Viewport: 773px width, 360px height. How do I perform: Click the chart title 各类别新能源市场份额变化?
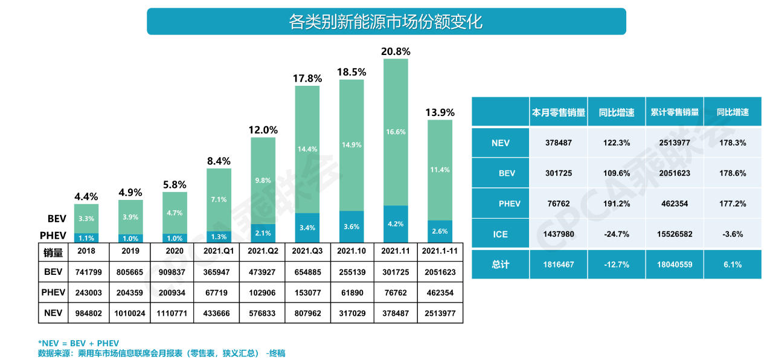(386, 22)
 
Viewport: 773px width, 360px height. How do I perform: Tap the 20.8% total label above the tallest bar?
(396, 52)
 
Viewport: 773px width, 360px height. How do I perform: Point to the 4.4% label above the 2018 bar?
(86, 197)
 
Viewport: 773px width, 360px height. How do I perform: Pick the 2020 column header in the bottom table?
(175, 251)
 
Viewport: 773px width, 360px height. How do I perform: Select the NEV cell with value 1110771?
(175, 313)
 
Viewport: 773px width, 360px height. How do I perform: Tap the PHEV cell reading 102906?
(263, 293)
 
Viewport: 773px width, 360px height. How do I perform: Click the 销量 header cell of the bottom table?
(53, 252)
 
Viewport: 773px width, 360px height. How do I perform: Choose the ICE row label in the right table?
(500, 234)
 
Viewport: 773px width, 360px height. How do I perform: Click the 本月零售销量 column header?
(558, 112)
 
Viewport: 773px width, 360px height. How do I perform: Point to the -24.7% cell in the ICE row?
(616, 234)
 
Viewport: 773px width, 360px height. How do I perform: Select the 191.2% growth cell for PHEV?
(616, 204)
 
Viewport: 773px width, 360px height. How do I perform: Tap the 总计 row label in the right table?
(500, 264)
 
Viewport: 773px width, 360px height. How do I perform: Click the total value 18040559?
(674, 264)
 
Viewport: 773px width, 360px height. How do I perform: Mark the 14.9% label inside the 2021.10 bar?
(351, 145)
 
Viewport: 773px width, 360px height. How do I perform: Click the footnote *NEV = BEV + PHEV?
(79, 343)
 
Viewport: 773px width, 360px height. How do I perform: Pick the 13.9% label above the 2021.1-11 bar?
(440, 112)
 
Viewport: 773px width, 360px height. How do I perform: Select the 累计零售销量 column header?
(674, 112)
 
